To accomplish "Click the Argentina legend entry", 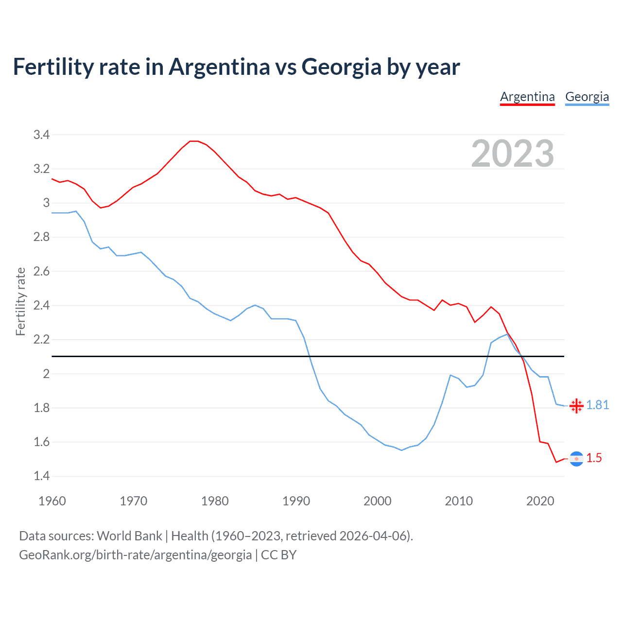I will [527, 97].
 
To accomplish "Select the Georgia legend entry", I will [587, 97].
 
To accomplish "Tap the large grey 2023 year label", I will [513, 154].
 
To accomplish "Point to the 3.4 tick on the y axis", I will [41, 135].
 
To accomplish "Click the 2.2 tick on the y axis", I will [41, 340].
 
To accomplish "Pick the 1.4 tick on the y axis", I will [41, 476].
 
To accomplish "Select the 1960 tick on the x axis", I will [52, 501].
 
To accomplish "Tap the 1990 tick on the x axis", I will [296, 501].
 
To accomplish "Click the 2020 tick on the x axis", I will [540, 501].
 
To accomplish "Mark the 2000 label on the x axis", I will [377, 501].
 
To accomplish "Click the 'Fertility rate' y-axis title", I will [20, 301].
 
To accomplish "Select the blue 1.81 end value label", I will [597, 405].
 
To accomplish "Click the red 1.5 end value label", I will [594, 458].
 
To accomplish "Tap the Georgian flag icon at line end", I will [576, 406].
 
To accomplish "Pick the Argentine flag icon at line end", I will [576, 459].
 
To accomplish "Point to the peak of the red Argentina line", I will [194, 141].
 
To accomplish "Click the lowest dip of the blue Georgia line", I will [401, 450].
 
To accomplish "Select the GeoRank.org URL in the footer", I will [135, 555].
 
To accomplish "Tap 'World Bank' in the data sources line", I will [129, 536].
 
